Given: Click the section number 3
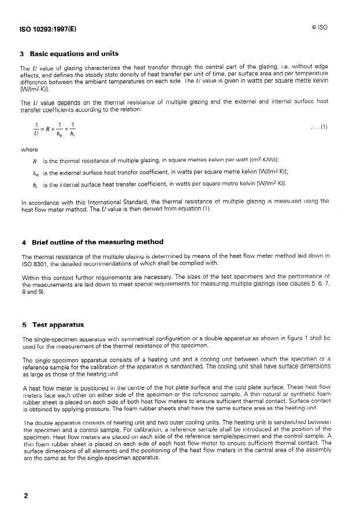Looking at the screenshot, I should pos(23,54).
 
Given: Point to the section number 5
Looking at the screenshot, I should pos(23,324).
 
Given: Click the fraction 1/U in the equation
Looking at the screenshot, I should pos(37,128).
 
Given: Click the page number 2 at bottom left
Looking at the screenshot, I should pos(25,496).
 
